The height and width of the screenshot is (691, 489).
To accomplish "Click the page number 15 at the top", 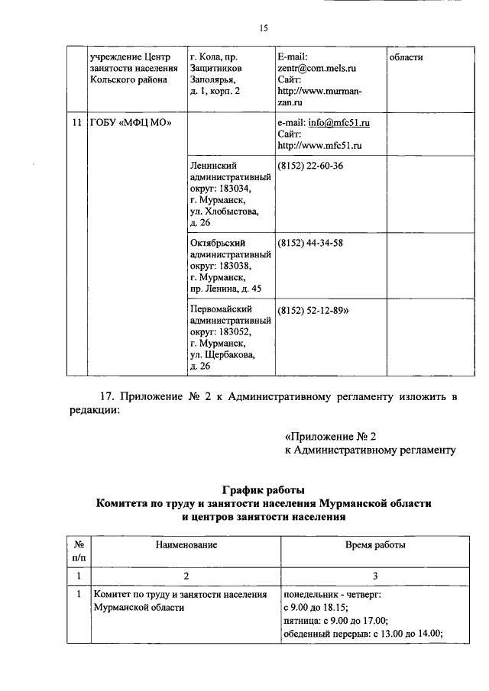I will click(262, 28).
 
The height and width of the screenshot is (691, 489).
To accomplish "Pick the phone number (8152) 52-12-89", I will click(313, 310).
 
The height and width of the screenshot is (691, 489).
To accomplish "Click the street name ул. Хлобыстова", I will click(225, 211).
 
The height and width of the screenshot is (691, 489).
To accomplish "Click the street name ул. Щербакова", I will click(223, 354).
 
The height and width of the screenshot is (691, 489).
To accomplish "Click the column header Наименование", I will click(187, 544).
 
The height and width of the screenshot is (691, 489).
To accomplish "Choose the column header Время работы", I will click(375, 544).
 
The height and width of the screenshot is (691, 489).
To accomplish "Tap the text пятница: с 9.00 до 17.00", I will click(335, 620).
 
